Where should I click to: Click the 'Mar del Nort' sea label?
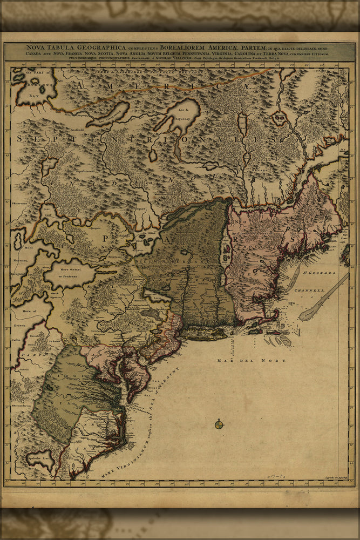point(252,360)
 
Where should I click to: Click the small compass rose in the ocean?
point(219,424)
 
